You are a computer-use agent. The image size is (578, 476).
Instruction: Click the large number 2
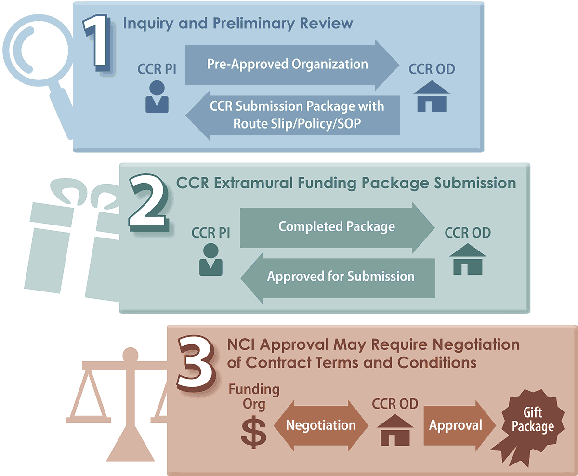[148, 202]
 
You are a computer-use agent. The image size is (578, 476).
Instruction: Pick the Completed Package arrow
[337, 226]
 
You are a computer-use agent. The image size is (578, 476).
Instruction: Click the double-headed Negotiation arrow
[321, 425]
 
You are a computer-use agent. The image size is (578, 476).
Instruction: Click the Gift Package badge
[532, 421]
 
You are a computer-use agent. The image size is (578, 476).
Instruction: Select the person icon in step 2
[210, 260]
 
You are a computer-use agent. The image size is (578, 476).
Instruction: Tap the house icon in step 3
[395, 430]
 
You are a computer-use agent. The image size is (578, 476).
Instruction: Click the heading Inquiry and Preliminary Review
[238, 23]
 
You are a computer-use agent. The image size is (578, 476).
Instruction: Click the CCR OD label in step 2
[467, 234]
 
